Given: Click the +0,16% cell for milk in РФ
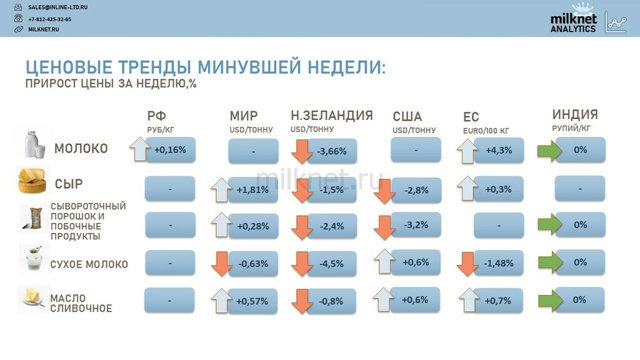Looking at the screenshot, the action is [171, 150].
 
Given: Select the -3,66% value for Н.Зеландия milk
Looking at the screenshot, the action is [332, 151].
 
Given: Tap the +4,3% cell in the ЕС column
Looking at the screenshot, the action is [499, 150].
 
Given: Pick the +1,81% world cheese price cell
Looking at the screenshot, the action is [252, 190].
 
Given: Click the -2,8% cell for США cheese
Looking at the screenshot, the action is [416, 190].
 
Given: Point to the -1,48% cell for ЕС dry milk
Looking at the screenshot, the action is [498, 263].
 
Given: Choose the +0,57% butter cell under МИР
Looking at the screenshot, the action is [252, 301].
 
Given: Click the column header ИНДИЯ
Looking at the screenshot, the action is [575, 114].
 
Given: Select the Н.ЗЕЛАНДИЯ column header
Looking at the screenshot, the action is [332, 116].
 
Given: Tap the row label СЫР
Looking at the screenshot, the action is [69, 184].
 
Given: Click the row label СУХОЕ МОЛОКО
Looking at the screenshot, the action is [89, 264].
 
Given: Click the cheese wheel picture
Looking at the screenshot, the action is [32, 180].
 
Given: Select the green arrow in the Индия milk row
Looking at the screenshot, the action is [550, 151].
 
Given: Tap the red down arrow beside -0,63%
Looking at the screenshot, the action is [222, 264].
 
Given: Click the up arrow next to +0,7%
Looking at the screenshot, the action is [469, 300].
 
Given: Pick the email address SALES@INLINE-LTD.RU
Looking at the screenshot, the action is [57, 7].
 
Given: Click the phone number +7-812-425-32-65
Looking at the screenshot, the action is [49, 19].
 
